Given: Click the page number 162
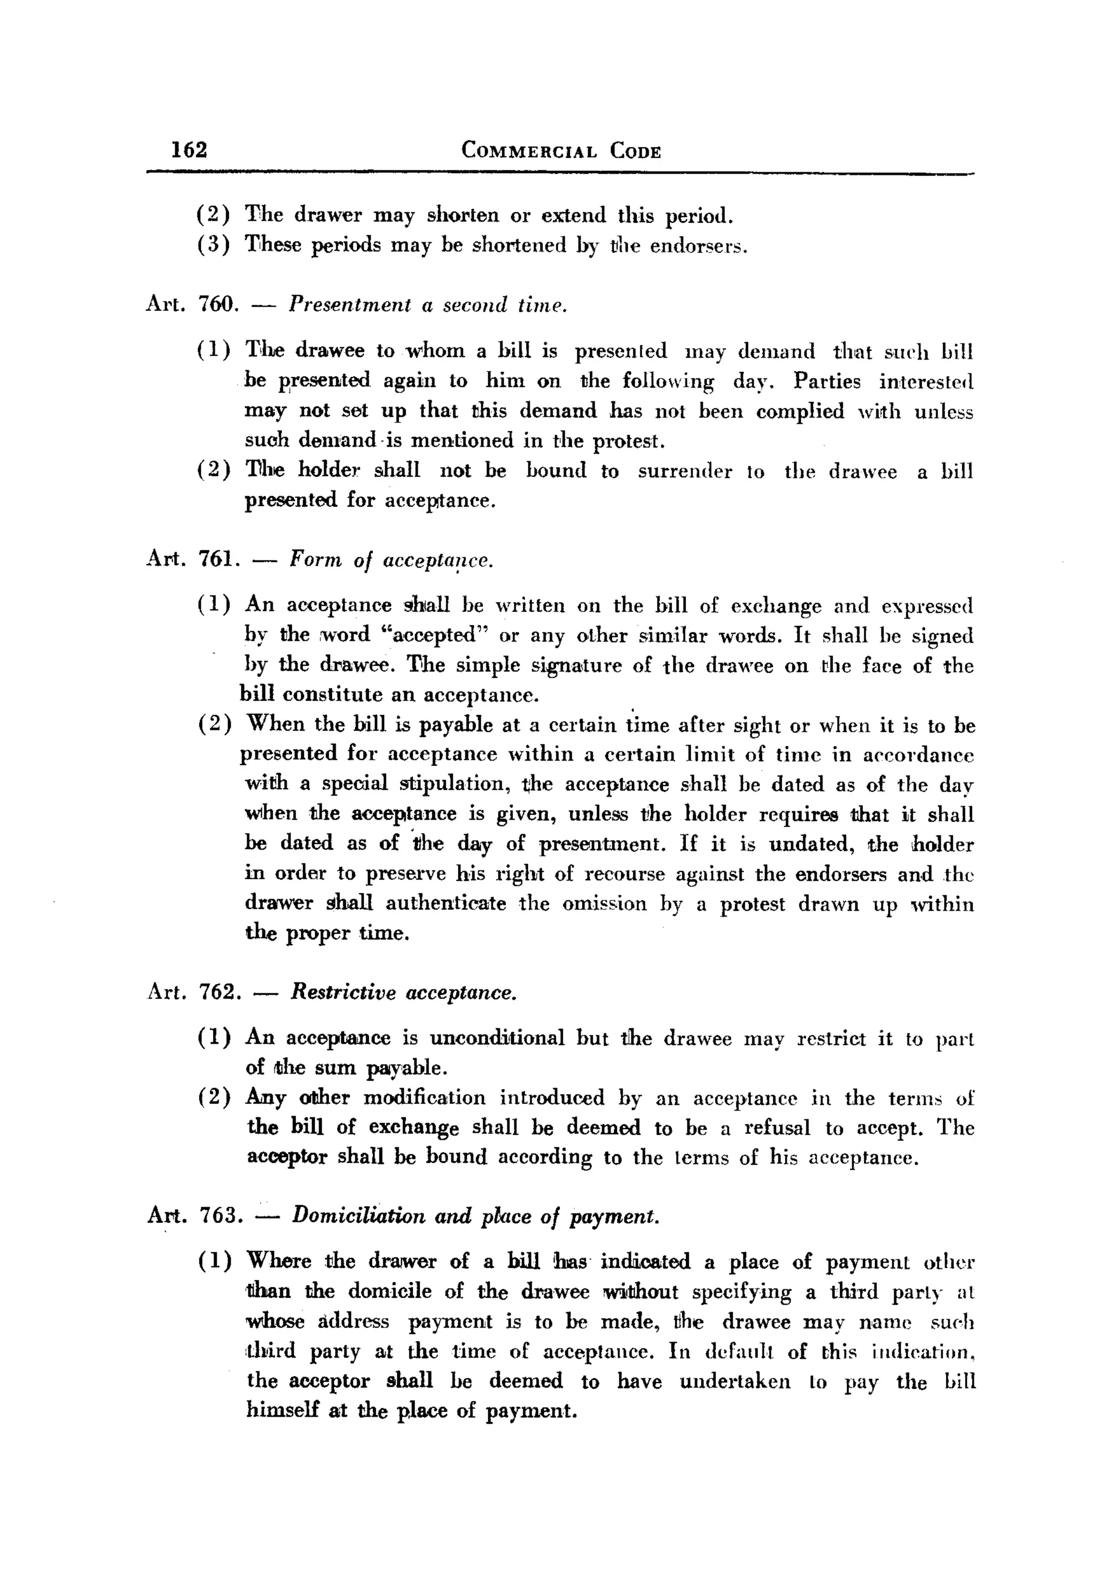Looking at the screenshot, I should tap(189, 149).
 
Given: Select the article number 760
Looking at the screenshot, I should tap(217, 304).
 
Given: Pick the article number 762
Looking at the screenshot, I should tap(219, 992).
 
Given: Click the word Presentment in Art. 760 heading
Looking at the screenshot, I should tap(349, 304).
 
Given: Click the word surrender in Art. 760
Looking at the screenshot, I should tap(684, 471).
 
